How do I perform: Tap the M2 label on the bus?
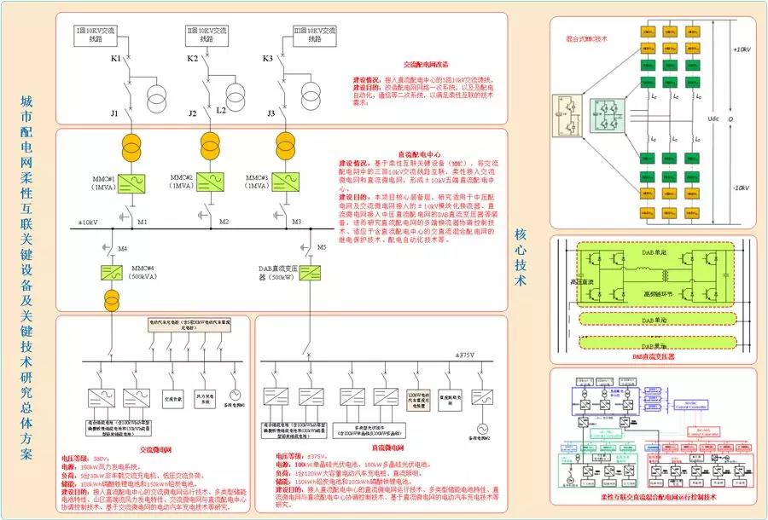click(x=224, y=222)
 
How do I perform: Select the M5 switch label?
click(x=322, y=247)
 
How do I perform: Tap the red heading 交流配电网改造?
click(x=426, y=65)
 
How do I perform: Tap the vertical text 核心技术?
click(x=520, y=256)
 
